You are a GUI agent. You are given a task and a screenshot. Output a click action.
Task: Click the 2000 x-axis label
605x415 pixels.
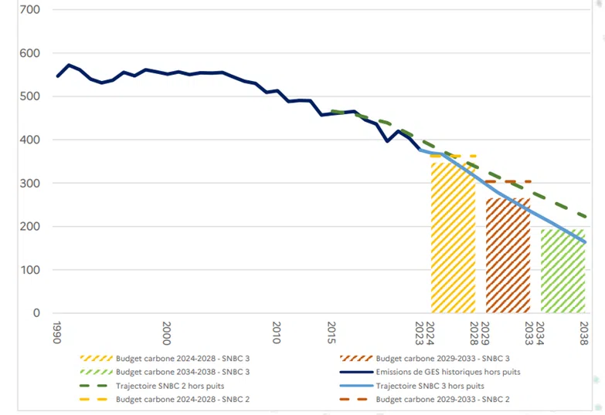[x=167, y=332]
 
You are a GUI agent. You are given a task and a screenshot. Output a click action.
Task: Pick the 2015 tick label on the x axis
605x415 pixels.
[x=332, y=332]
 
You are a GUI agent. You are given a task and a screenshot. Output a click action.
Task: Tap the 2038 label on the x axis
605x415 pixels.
[x=584, y=332]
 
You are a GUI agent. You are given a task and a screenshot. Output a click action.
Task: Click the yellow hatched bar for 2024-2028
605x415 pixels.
[x=453, y=239]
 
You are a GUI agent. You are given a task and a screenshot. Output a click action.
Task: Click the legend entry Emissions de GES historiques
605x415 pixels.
[x=447, y=372]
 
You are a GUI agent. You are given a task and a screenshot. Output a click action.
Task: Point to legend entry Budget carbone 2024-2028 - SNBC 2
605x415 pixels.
[x=182, y=400]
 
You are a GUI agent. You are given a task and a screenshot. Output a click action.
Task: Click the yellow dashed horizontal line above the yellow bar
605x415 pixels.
[x=456, y=156]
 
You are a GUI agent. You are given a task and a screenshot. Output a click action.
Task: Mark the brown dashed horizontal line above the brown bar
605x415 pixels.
[x=512, y=181]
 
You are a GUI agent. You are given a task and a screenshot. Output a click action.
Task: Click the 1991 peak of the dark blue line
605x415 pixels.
[x=70, y=65]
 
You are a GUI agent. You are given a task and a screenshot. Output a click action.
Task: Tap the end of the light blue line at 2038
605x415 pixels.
[x=585, y=242]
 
